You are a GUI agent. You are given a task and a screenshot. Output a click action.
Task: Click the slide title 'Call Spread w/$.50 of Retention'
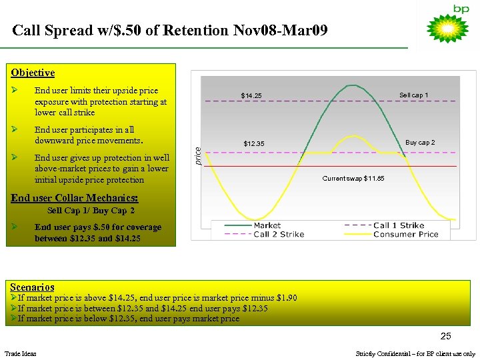tap(170, 31)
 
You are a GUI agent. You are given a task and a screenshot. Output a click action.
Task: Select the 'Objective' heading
tap(33, 73)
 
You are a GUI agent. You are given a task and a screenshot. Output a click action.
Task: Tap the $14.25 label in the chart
tap(251, 96)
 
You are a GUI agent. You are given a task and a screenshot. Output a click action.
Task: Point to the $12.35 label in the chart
tap(253, 143)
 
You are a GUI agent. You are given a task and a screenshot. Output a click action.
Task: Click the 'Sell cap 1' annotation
tap(413, 95)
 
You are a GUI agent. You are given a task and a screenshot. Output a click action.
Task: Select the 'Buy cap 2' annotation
tap(420, 142)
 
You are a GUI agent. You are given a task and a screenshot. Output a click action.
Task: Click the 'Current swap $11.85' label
tap(353, 178)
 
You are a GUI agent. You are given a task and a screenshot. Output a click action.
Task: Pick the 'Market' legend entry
tap(267, 225)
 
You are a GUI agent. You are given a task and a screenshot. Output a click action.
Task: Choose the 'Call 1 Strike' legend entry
tap(398, 225)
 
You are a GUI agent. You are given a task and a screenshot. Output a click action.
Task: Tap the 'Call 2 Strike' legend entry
tap(278, 234)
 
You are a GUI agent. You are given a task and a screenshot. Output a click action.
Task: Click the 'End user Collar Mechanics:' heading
tap(75, 199)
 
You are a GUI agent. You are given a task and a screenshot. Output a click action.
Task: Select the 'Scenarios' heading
tap(33, 287)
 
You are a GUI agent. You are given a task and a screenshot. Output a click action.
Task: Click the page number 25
tap(445, 336)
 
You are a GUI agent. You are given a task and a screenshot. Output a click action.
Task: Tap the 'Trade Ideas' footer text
tap(21, 353)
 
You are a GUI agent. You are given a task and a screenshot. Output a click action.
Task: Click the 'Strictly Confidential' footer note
tap(415, 353)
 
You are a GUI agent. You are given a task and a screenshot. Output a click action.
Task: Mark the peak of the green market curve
tap(349, 85)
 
